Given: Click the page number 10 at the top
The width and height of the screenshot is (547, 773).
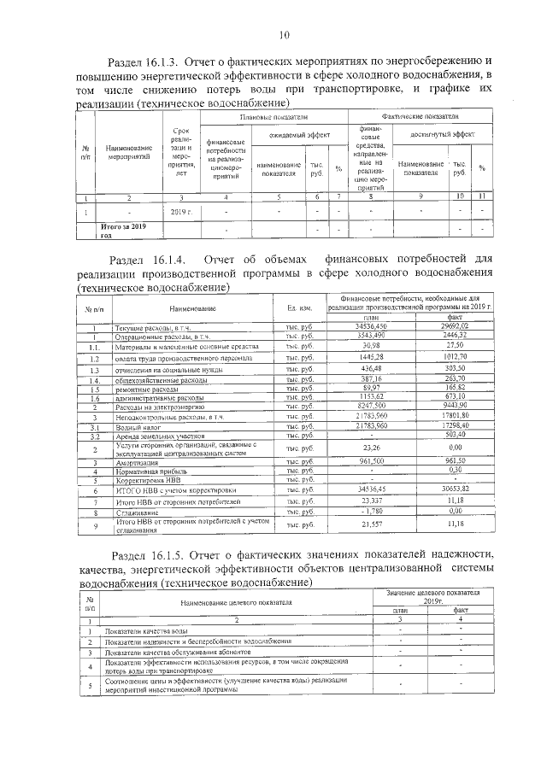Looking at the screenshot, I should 285,35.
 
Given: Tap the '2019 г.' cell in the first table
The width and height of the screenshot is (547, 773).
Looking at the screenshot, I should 179,210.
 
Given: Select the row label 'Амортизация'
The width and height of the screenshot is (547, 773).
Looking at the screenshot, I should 137,462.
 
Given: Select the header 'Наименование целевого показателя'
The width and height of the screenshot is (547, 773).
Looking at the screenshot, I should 237,601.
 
